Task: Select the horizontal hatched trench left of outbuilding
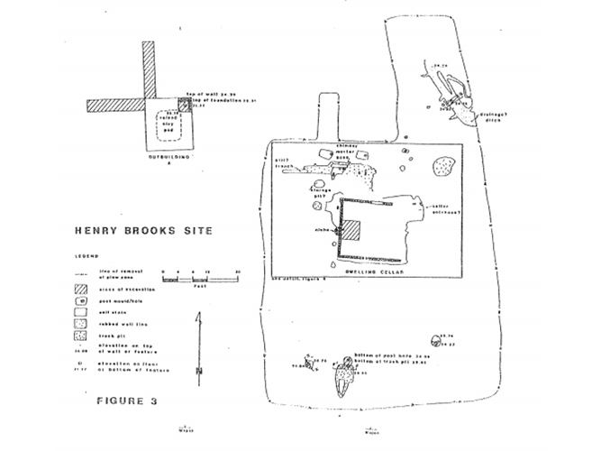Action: pos(115,106)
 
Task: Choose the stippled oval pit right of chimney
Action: pos(443,166)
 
